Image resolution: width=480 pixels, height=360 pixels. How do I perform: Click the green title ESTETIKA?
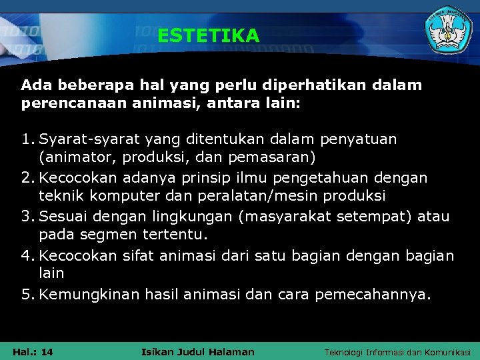tap(208, 35)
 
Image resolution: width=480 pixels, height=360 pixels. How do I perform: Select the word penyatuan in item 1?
tap(358, 139)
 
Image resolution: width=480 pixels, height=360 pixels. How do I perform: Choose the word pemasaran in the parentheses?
tap(276, 159)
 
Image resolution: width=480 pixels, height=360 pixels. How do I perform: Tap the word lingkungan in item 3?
tap(189, 217)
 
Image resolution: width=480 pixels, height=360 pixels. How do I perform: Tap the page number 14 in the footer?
tap(47, 351)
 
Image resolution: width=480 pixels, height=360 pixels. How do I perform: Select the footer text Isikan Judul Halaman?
tap(198, 351)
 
